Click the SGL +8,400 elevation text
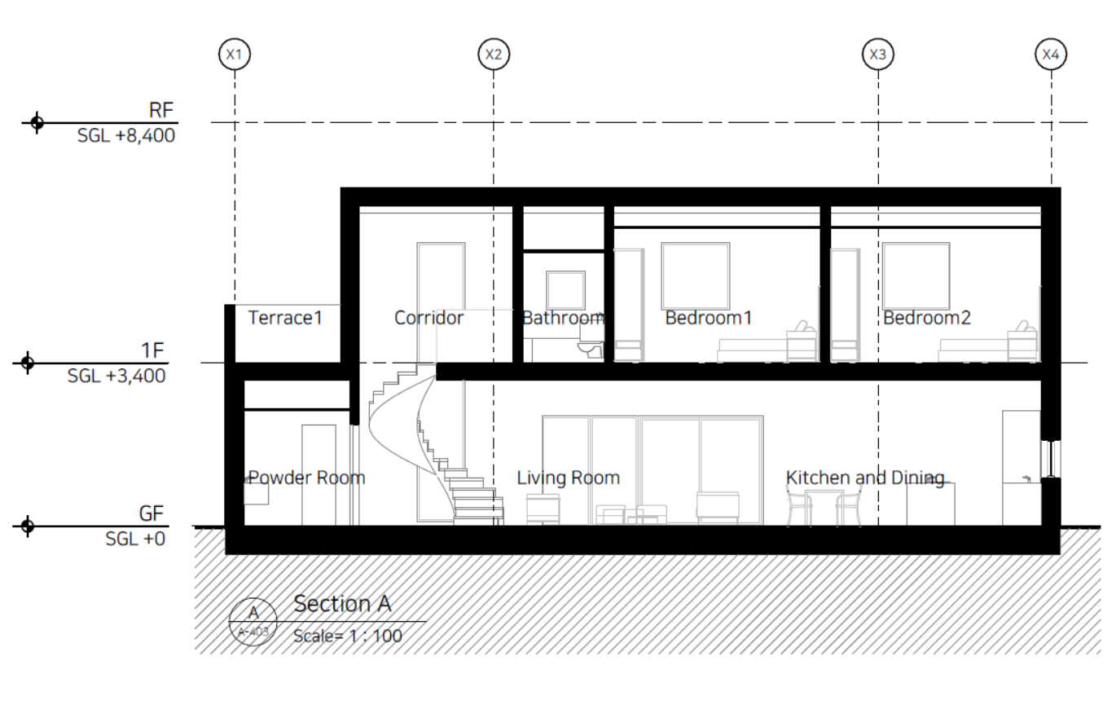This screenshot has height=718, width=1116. pyautogui.click(x=126, y=135)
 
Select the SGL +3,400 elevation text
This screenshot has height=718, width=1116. pyautogui.click(x=116, y=376)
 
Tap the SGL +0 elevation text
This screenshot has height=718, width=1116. pyautogui.click(x=135, y=539)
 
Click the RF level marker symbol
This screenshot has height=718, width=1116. pyautogui.click(x=37, y=122)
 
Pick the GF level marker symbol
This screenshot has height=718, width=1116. pyautogui.click(x=28, y=526)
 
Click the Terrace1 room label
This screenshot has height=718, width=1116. pyautogui.click(x=285, y=318)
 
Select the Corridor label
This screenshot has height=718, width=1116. pyautogui.click(x=428, y=318)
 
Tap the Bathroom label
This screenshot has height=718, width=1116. pyautogui.click(x=564, y=318)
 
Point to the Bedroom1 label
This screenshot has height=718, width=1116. pyautogui.click(x=709, y=318)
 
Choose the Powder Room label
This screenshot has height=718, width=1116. pyautogui.click(x=307, y=478)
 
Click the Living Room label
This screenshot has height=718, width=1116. pyautogui.click(x=569, y=478)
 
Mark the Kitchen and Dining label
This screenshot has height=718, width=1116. pyautogui.click(x=865, y=478)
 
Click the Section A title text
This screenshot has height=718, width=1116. pyautogui.click(x=342, y=604)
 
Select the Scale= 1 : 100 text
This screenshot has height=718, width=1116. pyautogui.click(x=348, y=636)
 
